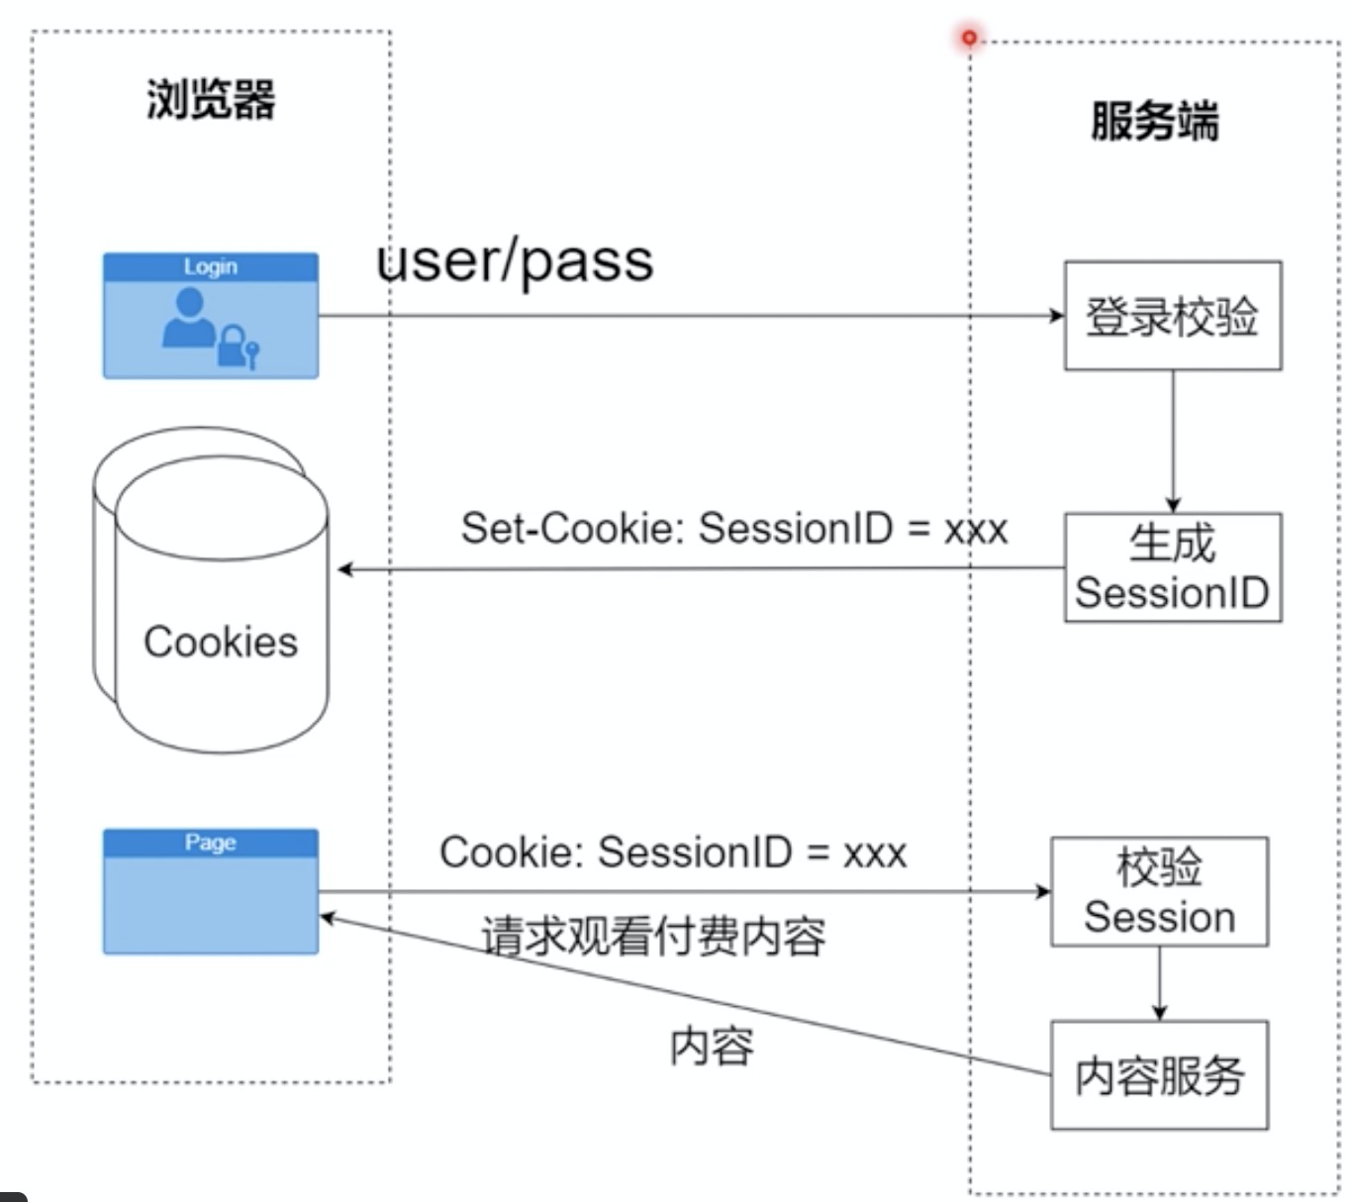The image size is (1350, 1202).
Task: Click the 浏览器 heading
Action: (211, 100)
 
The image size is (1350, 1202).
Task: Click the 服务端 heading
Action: (1154, 122)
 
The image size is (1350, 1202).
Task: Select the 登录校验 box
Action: (1172, 316)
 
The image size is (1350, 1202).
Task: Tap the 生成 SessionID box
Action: (1172, 567)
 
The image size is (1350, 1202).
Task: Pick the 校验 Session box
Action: (1159, 891)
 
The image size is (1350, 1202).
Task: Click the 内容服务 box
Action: (1159, 1075)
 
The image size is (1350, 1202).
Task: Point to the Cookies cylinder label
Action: (221, 642)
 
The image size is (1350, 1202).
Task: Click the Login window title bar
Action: (211, 267)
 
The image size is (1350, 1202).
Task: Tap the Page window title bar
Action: (211, 843)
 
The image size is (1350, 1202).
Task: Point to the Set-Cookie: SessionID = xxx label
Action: (733, 528)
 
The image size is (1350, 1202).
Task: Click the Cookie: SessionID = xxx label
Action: (673, 851)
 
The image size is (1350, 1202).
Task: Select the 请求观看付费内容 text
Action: (653, 936)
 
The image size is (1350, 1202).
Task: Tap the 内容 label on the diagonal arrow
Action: (712, 1047)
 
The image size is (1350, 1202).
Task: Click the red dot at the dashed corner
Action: (969, 38)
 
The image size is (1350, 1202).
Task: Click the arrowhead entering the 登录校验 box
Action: (1056, 316)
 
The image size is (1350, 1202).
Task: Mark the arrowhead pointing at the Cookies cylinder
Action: (345, 569)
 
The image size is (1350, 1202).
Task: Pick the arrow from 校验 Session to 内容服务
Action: (1159, 983)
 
